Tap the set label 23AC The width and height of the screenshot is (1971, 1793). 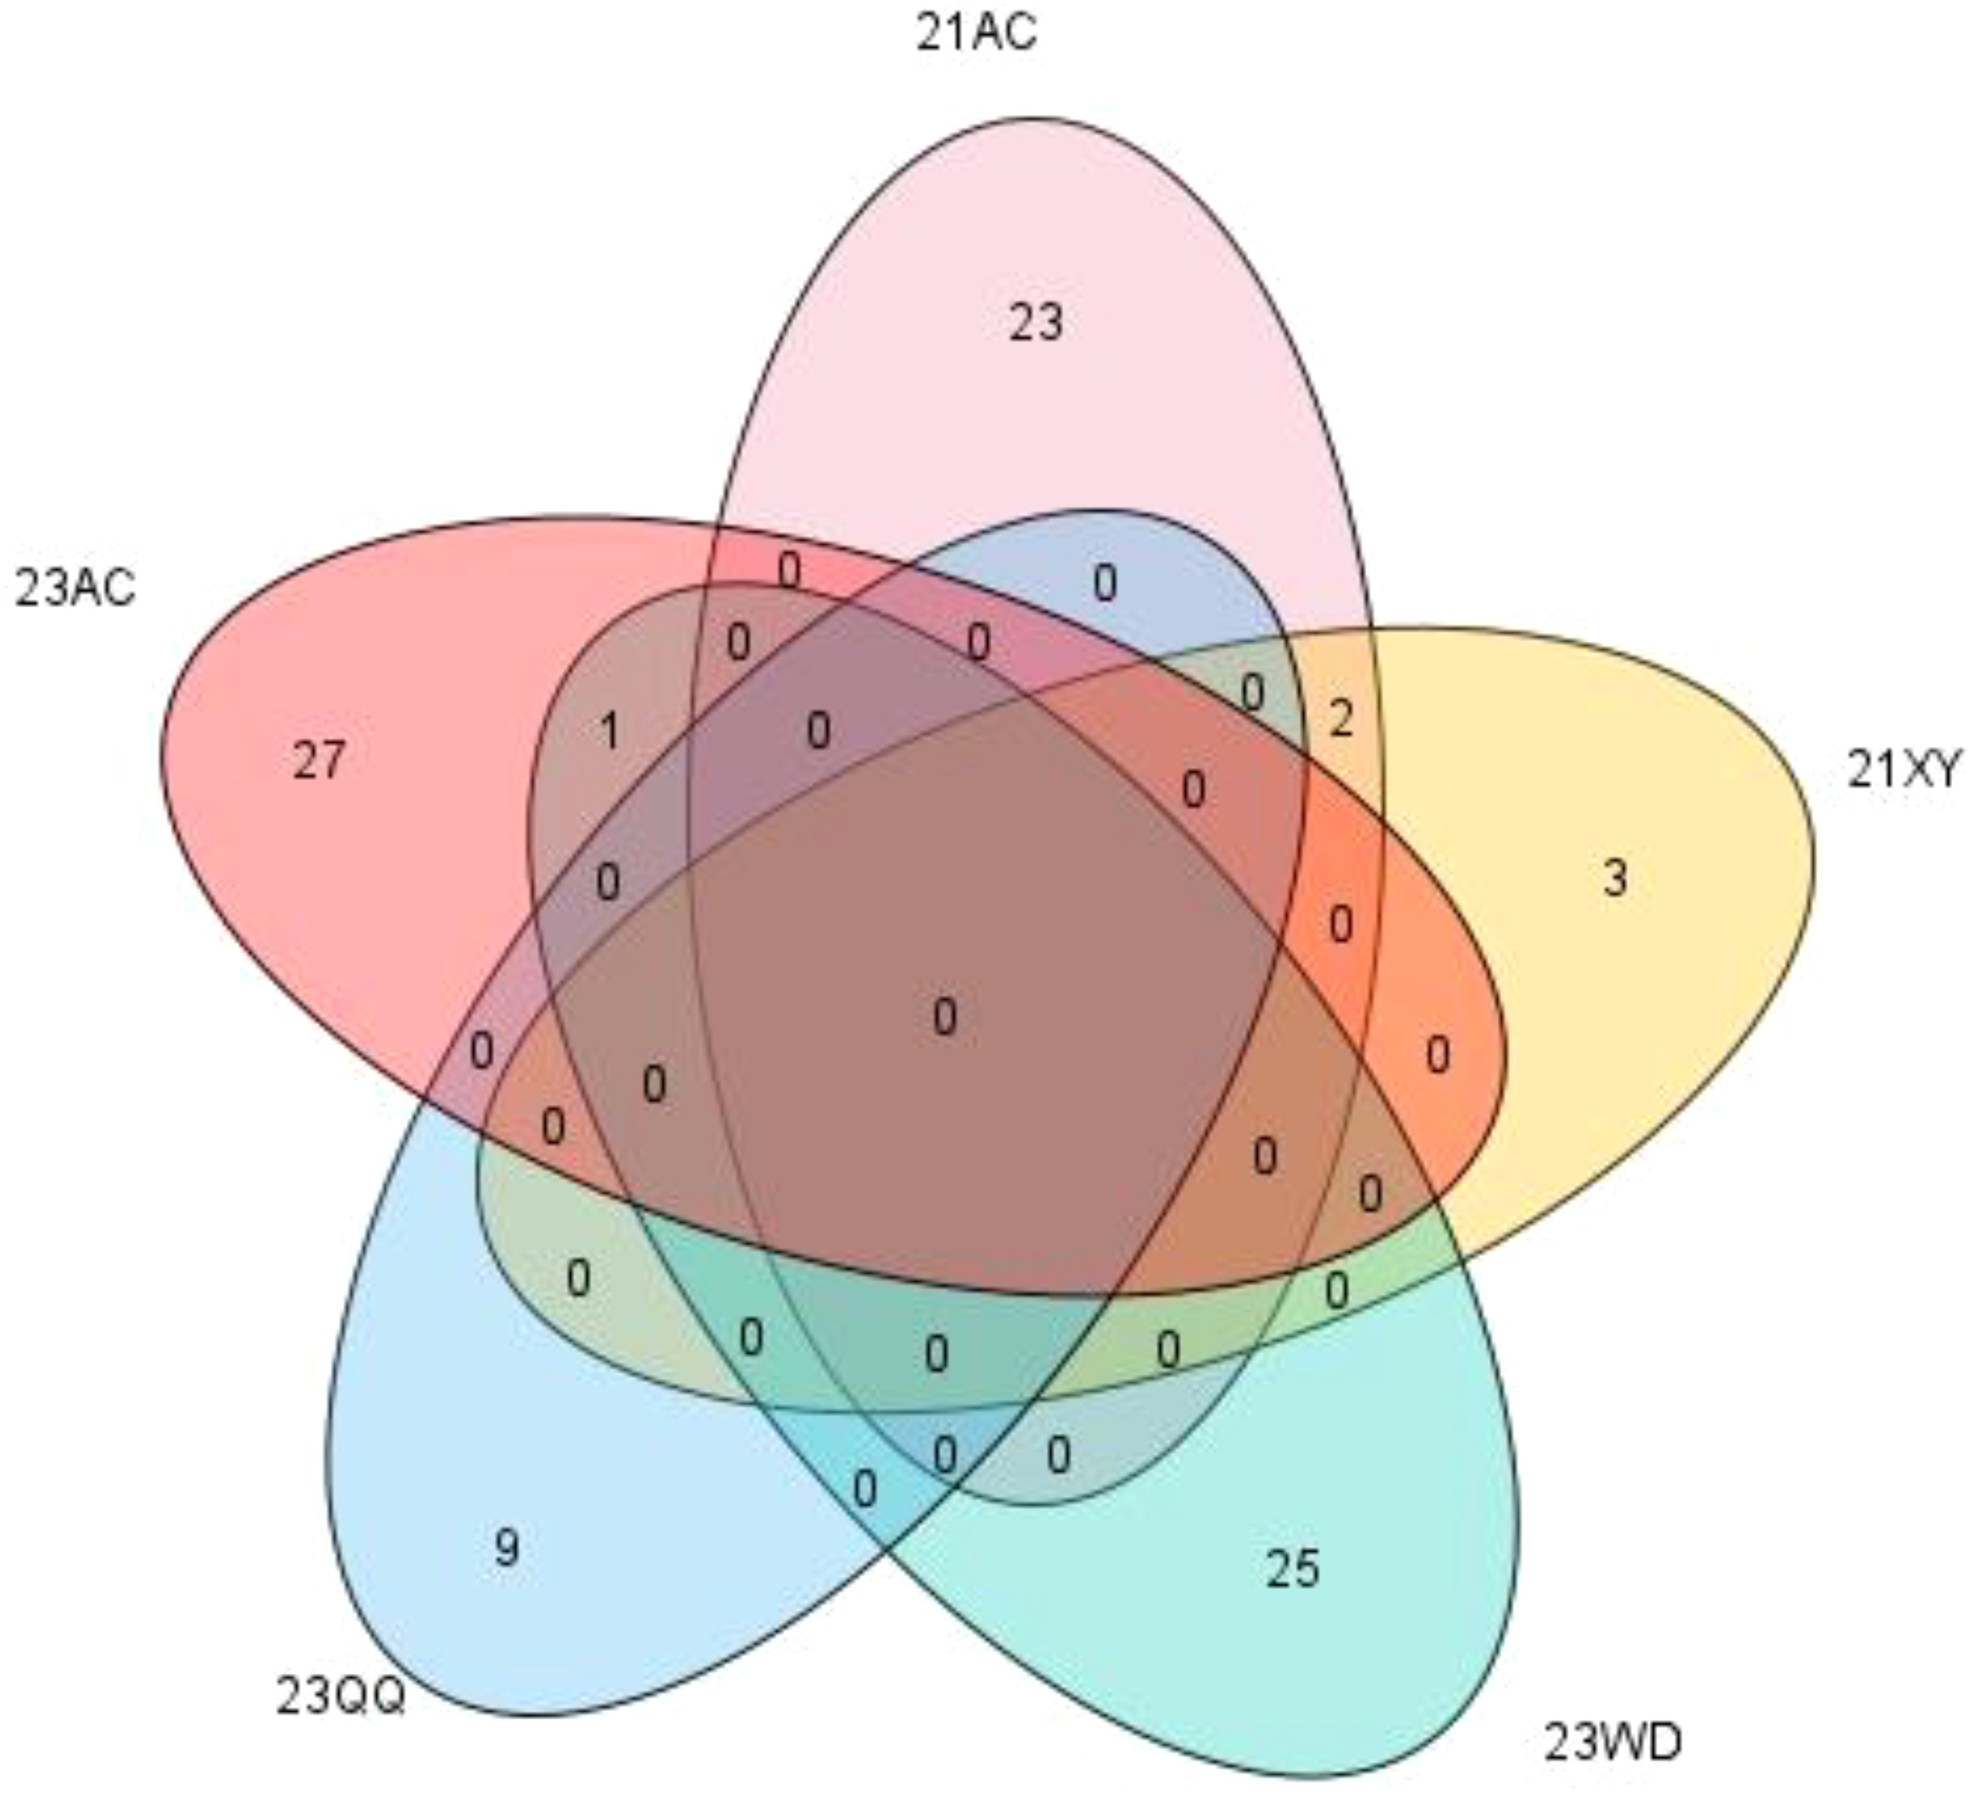click(75, 590)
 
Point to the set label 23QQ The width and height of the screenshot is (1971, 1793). click(339, 1695)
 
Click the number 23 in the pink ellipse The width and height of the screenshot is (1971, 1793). click(1036, 322)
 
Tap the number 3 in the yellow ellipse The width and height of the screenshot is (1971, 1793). click(1615, 878)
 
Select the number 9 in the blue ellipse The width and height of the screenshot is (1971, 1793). click(506, 1548)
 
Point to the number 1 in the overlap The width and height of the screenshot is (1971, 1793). click(610, 731)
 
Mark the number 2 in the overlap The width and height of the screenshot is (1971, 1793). click(1341, 721)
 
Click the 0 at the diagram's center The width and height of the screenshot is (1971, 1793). click(945, 1018)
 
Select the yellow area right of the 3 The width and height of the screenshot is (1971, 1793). click(1721, 880)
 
